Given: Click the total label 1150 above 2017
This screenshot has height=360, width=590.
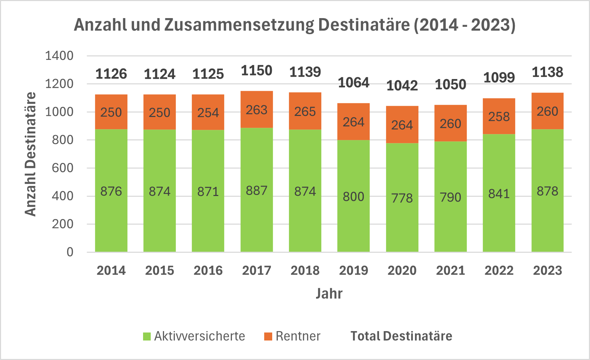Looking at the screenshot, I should (x=257, y=71).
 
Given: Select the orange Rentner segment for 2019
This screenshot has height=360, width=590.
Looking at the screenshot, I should (x=353, y=122).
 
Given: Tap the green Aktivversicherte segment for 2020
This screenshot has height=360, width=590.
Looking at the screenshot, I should (x=402, y=216).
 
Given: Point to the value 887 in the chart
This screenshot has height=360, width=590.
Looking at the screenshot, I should (x=257, y=191).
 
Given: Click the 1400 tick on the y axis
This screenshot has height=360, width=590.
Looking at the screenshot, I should (x=59, y=56).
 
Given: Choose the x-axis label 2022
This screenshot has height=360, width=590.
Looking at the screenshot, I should (x=499, y=271).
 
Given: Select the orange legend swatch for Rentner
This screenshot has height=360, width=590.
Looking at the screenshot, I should (x=268, y=336).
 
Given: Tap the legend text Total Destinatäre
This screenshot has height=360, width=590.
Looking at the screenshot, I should (x=401, y=336).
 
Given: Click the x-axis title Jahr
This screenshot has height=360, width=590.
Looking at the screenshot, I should (x=329, y=294).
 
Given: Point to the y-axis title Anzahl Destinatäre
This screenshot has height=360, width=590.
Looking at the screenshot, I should (x=31, y=154).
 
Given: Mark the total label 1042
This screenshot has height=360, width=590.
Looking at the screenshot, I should (x=402, y=86).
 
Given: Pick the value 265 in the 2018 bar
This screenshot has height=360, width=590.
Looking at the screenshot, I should (x=305, y=112).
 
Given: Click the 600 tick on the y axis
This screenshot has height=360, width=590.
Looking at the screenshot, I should (x=63, y=168).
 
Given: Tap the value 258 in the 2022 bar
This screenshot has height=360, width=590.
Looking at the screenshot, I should (x=499, y=117).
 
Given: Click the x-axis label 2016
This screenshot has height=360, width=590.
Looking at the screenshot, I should (x=208, y=271).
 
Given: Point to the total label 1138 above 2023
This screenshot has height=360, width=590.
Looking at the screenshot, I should (x=547, y=72).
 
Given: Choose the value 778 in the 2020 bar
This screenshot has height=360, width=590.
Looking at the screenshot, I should (x=402, y=198).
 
